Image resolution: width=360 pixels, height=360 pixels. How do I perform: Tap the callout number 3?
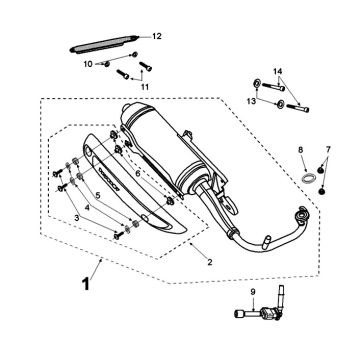coord(76,218)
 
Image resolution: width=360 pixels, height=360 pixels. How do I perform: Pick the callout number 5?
coord(98,196)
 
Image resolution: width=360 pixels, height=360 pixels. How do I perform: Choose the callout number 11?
coord(144,87)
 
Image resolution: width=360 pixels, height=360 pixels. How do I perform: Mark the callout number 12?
coord(156,36)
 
